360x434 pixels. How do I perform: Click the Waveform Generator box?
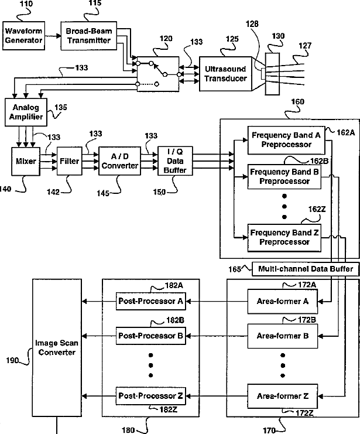24,35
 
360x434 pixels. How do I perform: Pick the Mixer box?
27,162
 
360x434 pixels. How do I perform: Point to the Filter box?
68,162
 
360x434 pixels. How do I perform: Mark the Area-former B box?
283,336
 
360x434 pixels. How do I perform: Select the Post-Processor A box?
152,302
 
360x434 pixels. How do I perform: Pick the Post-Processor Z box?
152,397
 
